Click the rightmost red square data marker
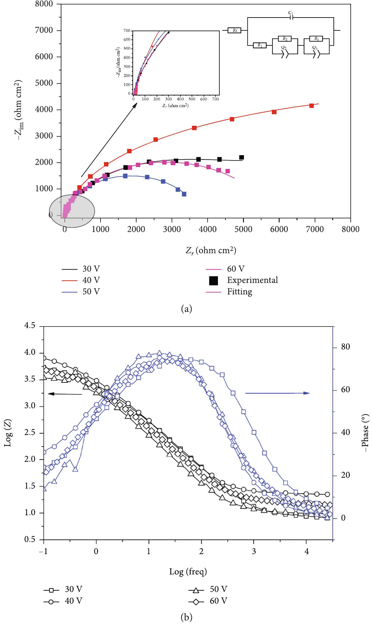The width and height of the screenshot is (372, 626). pyautogui.click(x=312, y=106)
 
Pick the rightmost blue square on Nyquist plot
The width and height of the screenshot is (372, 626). pyautogui.click(x=184, y=194)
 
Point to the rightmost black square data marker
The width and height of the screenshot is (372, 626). pyautogui.click(x=241, y=157)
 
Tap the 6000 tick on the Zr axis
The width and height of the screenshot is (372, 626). pyautogui.click(x=279, y=229)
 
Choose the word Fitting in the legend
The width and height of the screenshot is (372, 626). pyautogui.click(x=240, y=292)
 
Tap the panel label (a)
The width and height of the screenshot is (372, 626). pyautogui.click(x=187, y=309)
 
